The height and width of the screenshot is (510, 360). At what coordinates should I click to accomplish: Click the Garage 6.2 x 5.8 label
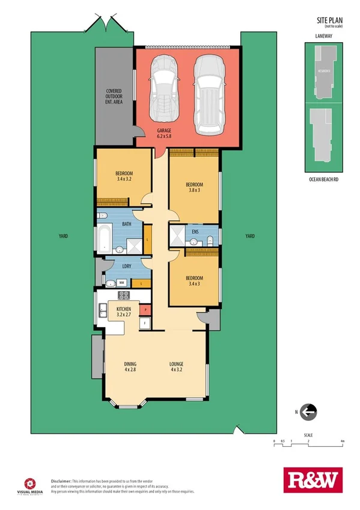coord(164,134)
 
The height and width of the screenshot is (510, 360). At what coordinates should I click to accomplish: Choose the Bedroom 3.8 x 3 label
coord(194,187)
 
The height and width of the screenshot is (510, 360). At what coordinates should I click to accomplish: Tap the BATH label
coord(127,224)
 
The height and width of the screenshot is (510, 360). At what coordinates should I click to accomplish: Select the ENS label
coord(195,231)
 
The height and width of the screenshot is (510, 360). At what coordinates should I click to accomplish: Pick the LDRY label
coord(127,265)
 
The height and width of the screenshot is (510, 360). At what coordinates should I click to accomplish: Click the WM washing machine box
coord(121,282)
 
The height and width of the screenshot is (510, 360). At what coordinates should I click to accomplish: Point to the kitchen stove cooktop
coord(124,295)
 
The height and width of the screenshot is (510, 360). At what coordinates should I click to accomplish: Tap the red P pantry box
coord(144,310)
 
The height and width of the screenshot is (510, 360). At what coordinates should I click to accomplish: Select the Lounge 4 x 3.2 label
coord(177,367)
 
